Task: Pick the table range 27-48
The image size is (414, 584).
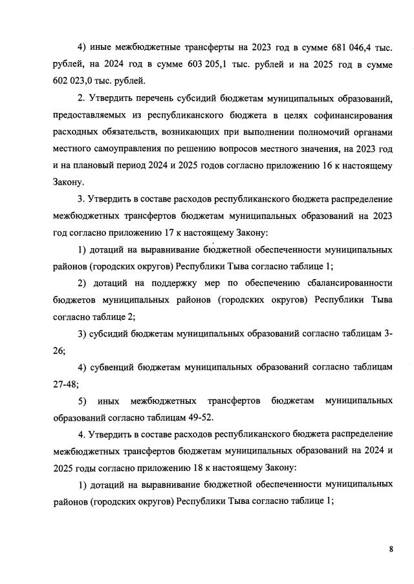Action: click(x=65, y=384)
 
